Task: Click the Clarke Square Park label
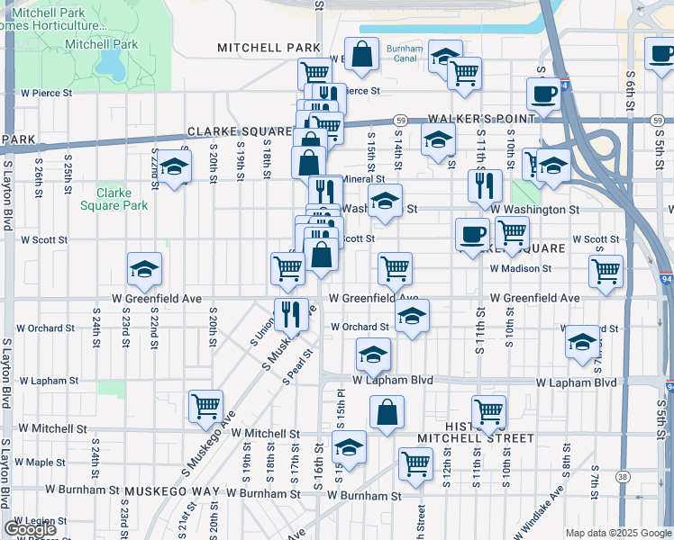[114, 199]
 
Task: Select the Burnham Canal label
[403, 53]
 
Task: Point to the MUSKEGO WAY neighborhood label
[172, 492]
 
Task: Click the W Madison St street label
[520, 268]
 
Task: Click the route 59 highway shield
[401, 120]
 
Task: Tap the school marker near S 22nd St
[175, 168]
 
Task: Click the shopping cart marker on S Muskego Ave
[205, 407]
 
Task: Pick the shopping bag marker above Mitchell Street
[387, 413]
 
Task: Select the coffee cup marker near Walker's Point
[544, 93]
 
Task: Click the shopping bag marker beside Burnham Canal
[361, 54]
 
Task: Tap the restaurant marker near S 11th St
[485, 186]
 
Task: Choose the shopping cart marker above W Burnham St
[415, 464]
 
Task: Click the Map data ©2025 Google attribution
[618, 533]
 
